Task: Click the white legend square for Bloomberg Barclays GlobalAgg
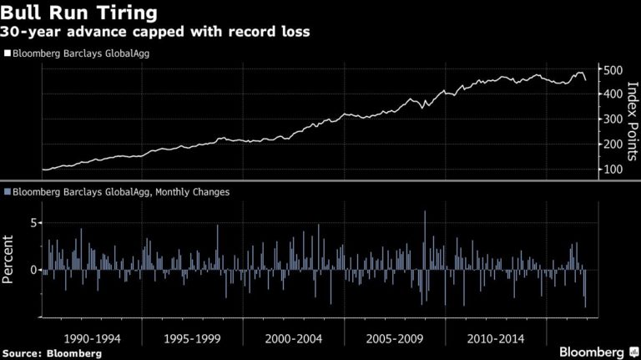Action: pos(7,53)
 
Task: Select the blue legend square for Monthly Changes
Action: pos(7,192)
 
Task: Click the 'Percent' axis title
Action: pos(10,259)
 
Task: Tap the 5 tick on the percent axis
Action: pos(34,223)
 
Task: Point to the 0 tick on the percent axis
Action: pos(34,270)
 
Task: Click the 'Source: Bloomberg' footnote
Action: pos(52,353)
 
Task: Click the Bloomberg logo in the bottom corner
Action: pos(594,352)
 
